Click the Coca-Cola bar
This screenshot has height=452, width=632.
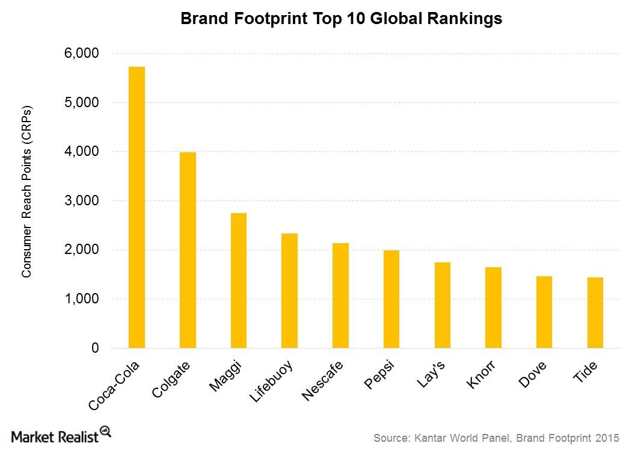[x=137, y=207]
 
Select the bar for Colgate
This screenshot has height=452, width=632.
[x=188, y=250]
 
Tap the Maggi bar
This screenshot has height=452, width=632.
[x=238, y=280]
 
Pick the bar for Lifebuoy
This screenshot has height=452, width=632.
[x=289, y=291]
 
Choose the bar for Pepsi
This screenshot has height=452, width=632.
[x=391, y=299]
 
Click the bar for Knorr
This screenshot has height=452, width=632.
[x=493, y=308]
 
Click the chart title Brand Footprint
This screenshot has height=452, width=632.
[x=341, y=19]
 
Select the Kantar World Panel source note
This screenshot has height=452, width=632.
[x=495, y=438]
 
